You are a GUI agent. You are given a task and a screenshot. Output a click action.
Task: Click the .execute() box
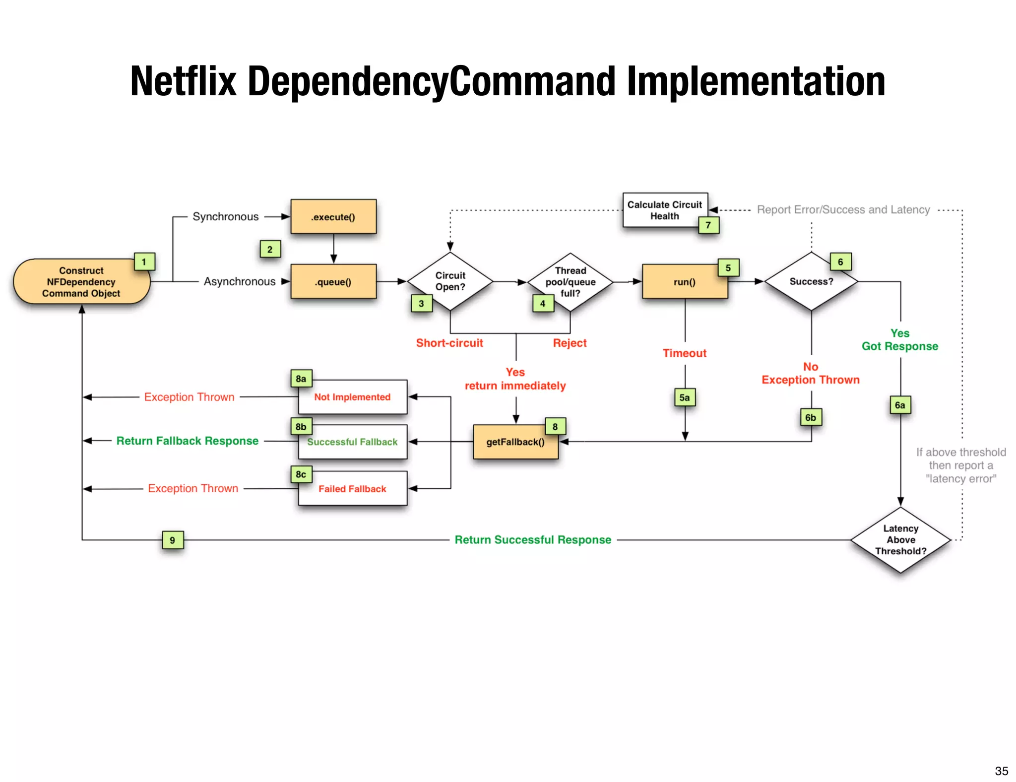[333, 217]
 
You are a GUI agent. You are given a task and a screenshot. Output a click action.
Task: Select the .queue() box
[333, 282]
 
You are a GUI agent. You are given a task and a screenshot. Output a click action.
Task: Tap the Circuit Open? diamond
[450, 281]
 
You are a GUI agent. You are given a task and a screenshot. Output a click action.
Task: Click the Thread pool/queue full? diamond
[571, 282]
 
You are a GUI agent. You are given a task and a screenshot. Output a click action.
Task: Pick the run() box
[685, 282]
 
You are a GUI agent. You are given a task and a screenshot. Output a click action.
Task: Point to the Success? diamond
[811, 281]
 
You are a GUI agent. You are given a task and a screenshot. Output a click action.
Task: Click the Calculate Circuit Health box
[665, 210]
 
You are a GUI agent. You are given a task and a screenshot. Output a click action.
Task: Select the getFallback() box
[515, 442]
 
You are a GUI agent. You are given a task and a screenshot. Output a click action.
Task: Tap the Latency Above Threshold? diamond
[900, 540]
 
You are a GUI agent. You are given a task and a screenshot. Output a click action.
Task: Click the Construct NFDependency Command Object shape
[81, 282]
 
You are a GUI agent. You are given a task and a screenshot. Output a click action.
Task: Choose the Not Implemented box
[353, 397]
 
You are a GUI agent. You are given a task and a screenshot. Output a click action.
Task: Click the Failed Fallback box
[353, 489]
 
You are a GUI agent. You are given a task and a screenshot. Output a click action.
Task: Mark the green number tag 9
[173, 540]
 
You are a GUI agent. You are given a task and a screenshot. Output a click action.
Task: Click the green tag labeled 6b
[811, 417]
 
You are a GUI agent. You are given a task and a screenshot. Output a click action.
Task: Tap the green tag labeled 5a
[685, 397]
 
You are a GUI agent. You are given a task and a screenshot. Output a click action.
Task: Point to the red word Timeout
[685, 353]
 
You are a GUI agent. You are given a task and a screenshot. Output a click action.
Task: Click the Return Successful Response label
[533, 540]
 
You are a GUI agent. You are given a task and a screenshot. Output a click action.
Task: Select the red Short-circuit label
[449, 343]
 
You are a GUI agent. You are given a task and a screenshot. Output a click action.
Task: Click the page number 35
[1001, 771]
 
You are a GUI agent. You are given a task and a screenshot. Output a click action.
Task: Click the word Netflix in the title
[183, 81]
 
